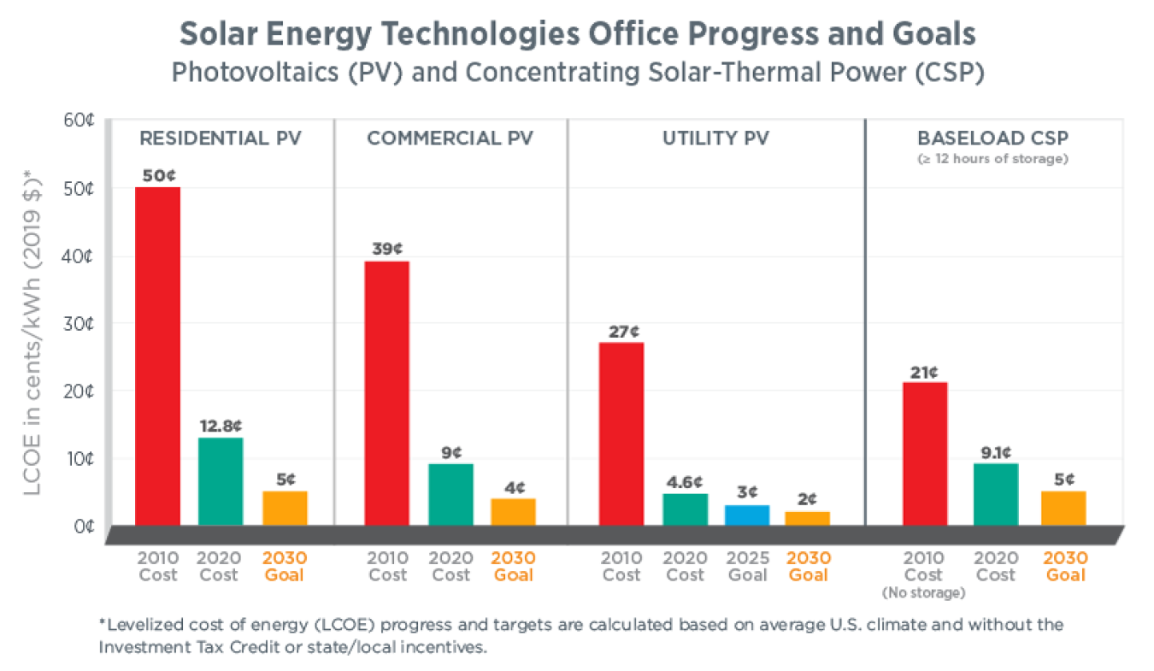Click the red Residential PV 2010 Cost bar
157,356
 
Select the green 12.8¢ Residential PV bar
221,481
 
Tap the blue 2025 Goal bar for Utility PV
748,515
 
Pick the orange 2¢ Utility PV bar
808,518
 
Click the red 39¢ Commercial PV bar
386,393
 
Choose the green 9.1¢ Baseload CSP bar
996,494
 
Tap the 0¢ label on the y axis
82,526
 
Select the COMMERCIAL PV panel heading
450,138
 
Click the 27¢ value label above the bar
621,331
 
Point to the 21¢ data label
923,372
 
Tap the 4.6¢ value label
684,481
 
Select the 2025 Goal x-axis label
748,566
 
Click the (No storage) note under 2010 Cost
923,592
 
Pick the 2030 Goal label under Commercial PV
513,566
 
